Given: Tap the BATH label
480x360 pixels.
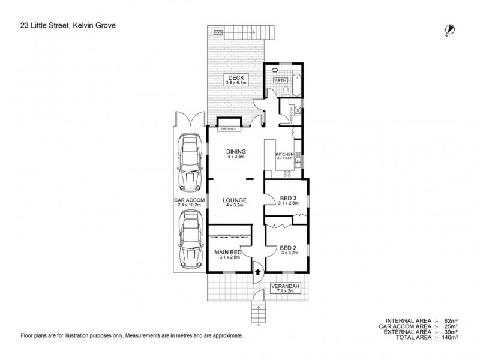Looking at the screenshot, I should [x=280, y=80].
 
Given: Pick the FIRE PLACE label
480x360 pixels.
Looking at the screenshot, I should [x=228, y=128].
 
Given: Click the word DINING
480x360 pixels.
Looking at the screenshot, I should [x=234, y=151].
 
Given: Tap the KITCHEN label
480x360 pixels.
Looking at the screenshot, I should [x=284, y=156].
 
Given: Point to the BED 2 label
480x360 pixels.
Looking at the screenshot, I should [x=288, y=248].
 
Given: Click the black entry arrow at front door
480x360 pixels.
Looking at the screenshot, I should [x=257, y=272].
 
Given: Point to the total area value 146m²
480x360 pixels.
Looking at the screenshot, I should [x=449, y=338].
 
